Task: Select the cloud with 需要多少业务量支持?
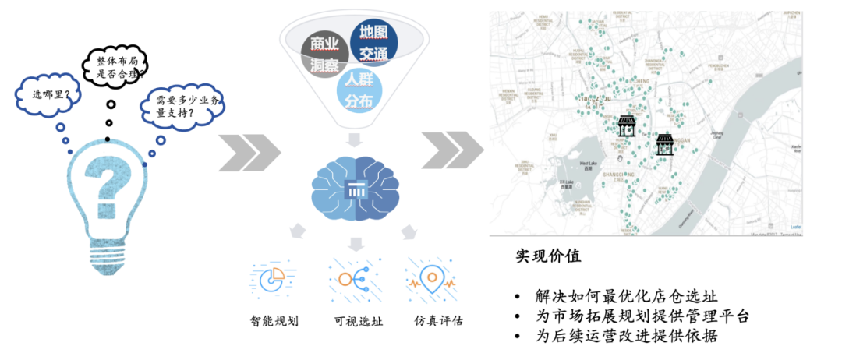click(x=182, y=105)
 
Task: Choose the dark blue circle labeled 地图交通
click(x=373, y=44)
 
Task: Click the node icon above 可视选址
click(x=352, y=278)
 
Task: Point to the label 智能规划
click(x=274, y=321)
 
